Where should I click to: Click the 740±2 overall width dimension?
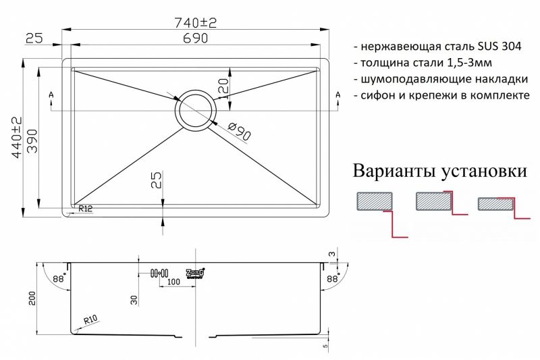point(196,23)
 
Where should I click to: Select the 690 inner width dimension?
point(195,38)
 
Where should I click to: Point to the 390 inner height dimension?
point(32,141)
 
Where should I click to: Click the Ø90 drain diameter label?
point(239,131)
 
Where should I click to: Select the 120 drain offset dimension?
point(223,89)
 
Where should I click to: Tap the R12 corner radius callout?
point(86,208)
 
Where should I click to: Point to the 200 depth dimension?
point(32,299)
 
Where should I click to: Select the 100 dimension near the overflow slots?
point(173,282)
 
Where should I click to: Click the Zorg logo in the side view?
point(195,273)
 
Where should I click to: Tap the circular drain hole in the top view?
point(196,111)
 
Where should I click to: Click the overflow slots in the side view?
point(159,273)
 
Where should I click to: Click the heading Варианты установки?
point(440,171)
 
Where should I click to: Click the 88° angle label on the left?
point(59,278)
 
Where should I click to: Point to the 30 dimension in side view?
point(134,300)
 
